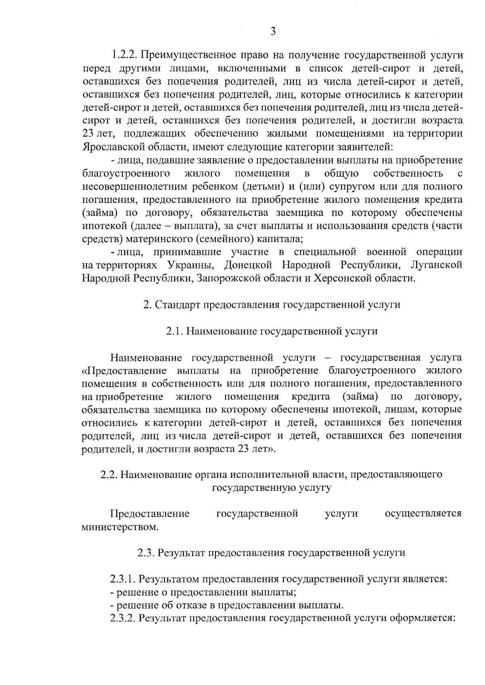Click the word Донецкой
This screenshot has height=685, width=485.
(248, 265)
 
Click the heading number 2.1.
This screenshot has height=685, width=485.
(175, 332)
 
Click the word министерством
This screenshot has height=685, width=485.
(119, 527)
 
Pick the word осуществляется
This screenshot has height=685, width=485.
(423, 514)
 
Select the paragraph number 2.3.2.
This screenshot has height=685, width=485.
(122, 618)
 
